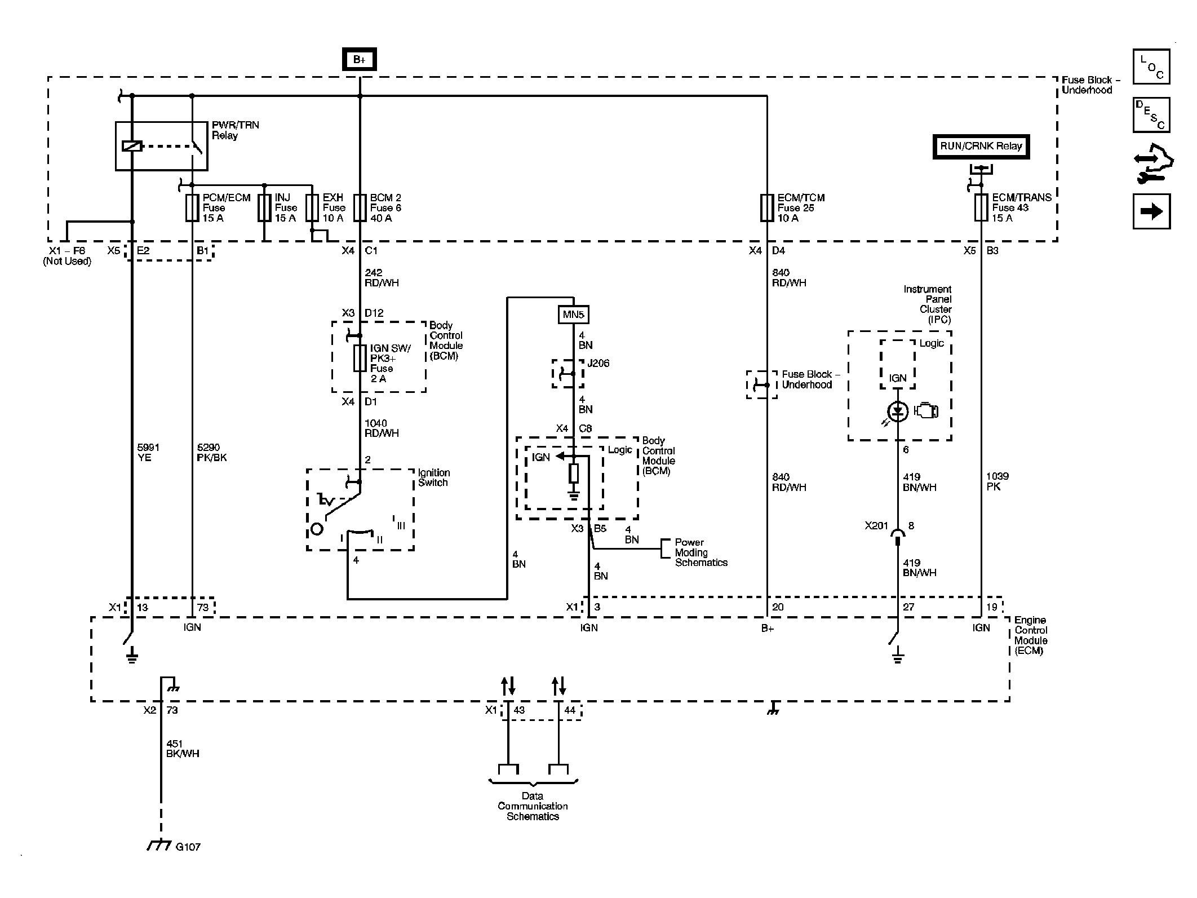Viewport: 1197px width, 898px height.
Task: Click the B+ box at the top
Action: tap(360, 60)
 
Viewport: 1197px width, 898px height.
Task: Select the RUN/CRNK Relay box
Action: tap(981, 147)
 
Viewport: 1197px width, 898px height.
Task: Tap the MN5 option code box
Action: tap(573, 315)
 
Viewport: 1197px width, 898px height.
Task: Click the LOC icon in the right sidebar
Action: tap(1151, 67)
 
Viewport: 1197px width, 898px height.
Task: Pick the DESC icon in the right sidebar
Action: tap(1151, 115)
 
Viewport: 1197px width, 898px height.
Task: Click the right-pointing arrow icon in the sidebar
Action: tap(1151, 211)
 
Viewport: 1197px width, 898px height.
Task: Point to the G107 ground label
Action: tap(188, 847)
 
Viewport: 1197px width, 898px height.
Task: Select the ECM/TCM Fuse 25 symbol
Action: tap(767, 207)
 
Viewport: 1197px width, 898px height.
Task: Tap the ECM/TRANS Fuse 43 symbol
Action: tap(981, 207)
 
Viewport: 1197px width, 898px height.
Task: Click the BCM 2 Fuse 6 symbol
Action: tap(360, 207)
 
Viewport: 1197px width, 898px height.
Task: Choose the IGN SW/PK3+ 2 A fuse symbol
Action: tap(360, 358)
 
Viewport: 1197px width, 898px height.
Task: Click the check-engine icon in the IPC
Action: tap(926, 410)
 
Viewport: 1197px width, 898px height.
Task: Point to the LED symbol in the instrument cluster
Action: tap(898, 412)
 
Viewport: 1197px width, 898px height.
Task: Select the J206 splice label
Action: tap(598, 364)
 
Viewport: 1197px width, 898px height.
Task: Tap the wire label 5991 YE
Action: tap(148, 453)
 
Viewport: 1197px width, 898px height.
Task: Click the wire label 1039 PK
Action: tap(998, 481)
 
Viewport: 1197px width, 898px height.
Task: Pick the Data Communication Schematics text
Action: tap(533, 806)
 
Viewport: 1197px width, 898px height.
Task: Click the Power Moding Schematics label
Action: tap(701, 552)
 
